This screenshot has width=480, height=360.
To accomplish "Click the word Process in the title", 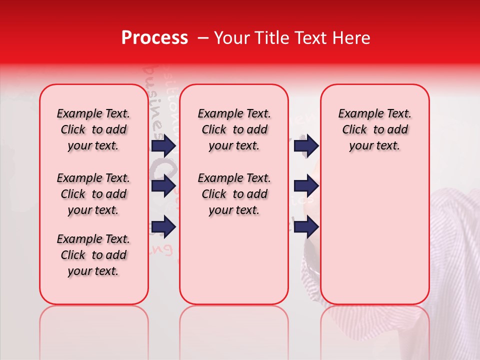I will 154,38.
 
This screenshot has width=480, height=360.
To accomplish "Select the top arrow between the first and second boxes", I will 163,146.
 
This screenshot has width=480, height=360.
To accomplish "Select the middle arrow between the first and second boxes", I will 163,186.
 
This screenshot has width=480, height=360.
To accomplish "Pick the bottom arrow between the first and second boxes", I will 163,227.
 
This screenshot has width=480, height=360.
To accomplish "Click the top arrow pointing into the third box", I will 306,146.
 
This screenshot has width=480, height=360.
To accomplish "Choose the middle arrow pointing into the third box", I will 306,186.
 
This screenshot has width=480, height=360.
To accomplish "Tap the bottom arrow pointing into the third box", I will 306,227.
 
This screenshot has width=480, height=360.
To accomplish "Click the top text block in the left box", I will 93,129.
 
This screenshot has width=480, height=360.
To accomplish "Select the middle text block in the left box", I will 93,194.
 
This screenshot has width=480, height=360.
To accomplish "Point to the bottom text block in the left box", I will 93,255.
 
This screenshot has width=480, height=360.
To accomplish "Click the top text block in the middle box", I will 234,129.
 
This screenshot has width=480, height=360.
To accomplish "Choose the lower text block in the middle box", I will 234,194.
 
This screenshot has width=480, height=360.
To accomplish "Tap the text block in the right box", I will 374,129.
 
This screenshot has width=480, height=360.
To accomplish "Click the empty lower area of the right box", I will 374,235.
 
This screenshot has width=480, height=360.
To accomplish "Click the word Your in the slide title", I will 232,38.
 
